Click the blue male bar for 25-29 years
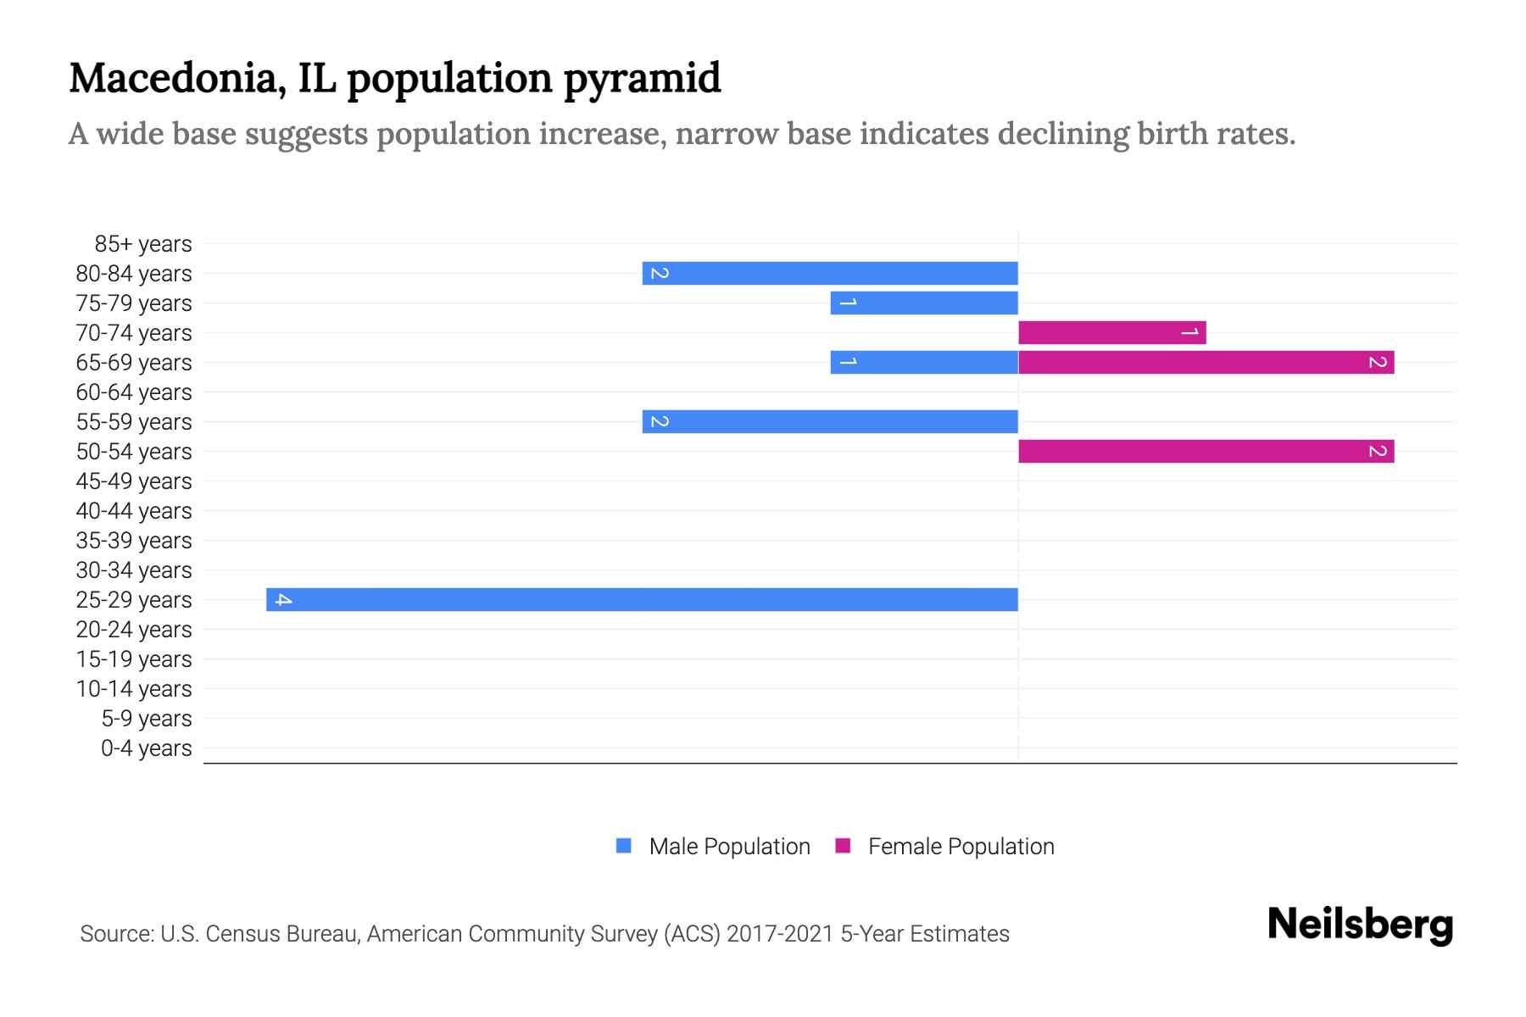tap(642, 599)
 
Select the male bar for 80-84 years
tap(830, 274)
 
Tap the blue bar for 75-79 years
tap(924, 303)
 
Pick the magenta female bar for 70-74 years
tap(1111, 333)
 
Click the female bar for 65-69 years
tap(1206, 363)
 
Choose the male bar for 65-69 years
tap(924, 363)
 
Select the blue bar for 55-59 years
tap(830, 422)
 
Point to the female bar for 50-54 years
tap(1206, 452)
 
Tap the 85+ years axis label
tap(143, 244)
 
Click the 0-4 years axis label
tap(146, 748)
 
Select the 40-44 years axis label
tap(134, 511)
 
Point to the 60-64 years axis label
tap(134, 392)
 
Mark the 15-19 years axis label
tap(134, 659)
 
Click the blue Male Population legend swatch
tap(624, 846)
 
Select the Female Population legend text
tap(961, 847)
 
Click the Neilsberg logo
tap(1360, 924)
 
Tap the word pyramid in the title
tap(643, 78)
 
